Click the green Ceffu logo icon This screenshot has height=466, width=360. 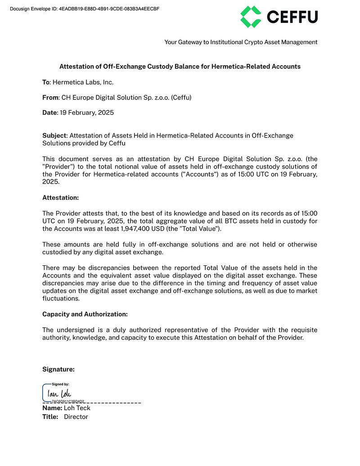pos(251,17)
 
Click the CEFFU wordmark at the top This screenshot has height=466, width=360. pos(292,17)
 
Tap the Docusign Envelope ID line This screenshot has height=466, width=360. pos(84,9)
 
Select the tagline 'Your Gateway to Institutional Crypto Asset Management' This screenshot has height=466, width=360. pos(241,42)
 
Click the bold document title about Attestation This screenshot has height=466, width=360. pos(180,67)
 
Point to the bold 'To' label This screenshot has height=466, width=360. pos(46,82)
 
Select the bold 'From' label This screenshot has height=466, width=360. pos(50,97)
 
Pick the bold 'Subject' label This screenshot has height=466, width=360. pos(54,135)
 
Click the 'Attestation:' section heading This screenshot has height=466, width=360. pos(60,197)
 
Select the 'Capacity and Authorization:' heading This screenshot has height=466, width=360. pos(85,314)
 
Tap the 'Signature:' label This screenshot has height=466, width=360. pos(58,369)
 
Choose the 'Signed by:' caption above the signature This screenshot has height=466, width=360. pos(60,385)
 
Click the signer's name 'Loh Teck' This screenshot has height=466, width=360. pos(77,408)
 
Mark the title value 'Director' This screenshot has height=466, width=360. pos(76,417)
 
